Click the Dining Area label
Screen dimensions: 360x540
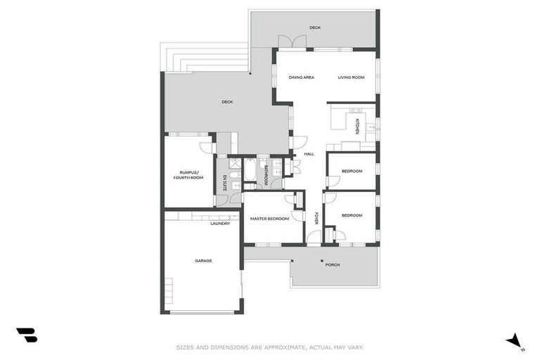(301, 77)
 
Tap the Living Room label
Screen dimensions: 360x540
(351, 77)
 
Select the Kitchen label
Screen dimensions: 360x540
(357, 126)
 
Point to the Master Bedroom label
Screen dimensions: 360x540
(269, 219)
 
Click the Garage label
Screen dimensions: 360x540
(203, 261)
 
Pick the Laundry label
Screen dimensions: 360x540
(220, 224)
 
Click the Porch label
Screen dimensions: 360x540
(333, 264)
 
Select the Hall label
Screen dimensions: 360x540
(309, 154)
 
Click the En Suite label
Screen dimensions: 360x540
(225, 181)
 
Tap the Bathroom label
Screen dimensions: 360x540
(266, 175)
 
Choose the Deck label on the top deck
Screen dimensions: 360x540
(315, 27)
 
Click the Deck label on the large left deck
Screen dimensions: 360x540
(227, 102)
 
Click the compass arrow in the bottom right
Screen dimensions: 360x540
(515, 341)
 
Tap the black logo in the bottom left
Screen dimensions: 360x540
(27, 335)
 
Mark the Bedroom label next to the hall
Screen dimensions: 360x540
(352, 172)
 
